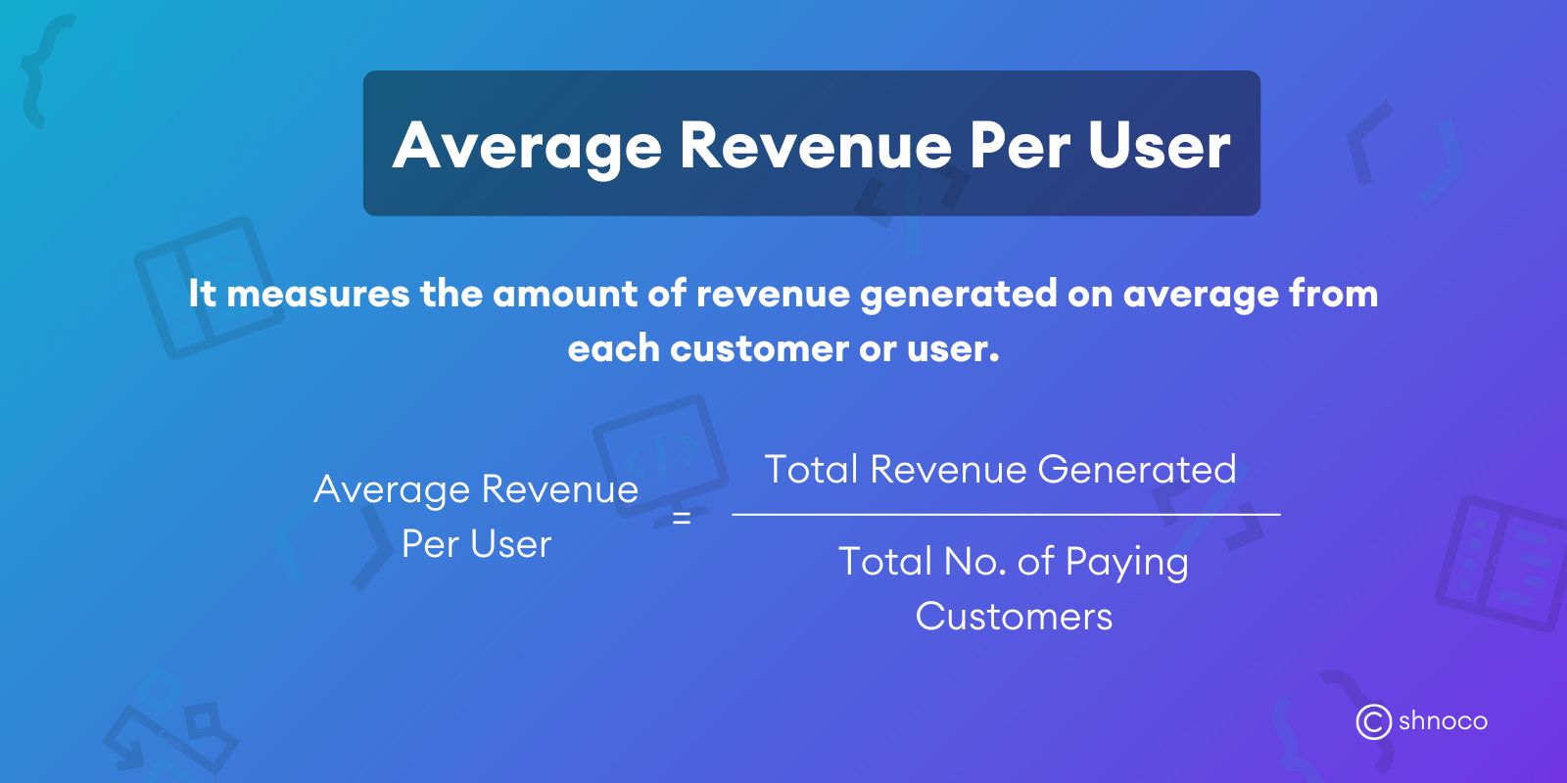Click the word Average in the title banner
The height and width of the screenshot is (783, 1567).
(x=527, y=146)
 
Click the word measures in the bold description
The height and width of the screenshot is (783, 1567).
(x=317, y=294)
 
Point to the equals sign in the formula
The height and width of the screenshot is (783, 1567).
(x=682, y=518)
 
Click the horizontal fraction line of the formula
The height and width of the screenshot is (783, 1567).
(x=1006, y=514)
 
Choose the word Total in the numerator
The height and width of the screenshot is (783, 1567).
(x=811, y=470)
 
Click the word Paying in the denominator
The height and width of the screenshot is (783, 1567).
(x=1126, y=563)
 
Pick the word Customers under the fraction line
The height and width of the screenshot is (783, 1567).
(x=1014, y=617)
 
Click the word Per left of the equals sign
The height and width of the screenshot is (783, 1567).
(x=430, y=544)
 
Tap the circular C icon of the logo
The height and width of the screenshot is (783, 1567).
(x=1373, y=721)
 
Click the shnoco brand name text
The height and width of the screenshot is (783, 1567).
(x=1443, y=721)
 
